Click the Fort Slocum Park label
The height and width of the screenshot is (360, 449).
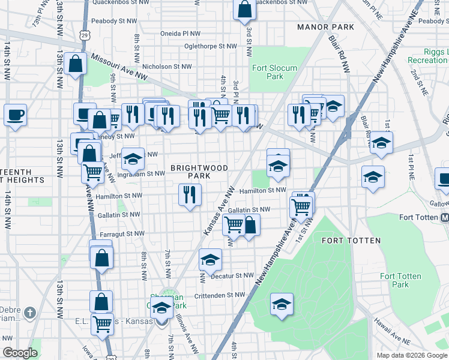tap(274, 72)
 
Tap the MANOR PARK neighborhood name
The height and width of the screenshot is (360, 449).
tap(321, 27)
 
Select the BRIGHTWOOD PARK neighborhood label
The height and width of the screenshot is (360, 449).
tap(199, 172)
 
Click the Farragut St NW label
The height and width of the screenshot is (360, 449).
tap(122, 233)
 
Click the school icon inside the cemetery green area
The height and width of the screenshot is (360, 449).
tap(282, 304)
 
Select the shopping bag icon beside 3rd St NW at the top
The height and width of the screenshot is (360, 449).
tap(245, 10)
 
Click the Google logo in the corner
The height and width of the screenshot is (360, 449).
tap(20, 353)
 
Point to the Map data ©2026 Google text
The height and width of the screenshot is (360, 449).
tap(411, 355)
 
